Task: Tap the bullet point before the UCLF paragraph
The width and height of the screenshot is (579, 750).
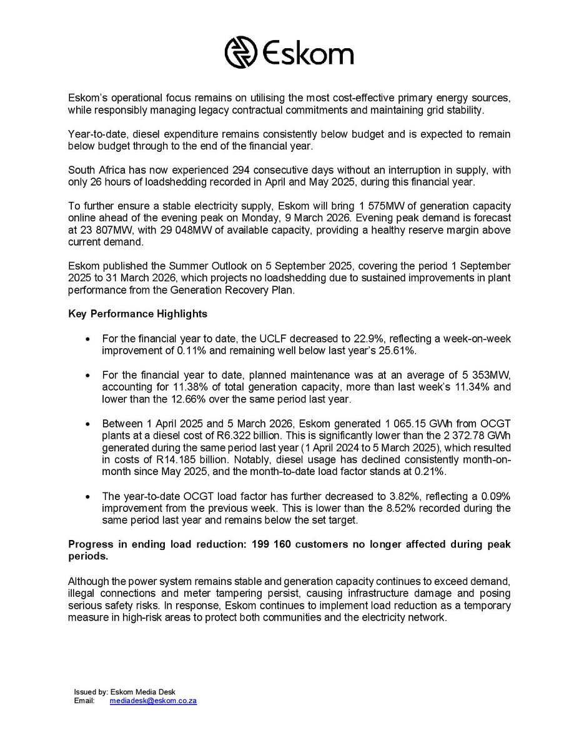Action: click(x=88, y=339)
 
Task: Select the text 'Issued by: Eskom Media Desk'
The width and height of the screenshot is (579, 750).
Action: click(x=125, y=692)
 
